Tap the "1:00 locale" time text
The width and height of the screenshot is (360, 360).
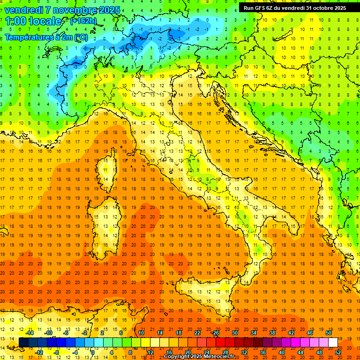[x=33, y=21]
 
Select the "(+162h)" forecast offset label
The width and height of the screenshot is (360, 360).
[x=83, y=21]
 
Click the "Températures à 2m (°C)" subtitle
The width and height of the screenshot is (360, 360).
[x=45, y=37]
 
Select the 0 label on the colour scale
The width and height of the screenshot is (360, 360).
[x=92, y=352]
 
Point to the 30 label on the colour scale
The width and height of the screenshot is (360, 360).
[x=234, y=333]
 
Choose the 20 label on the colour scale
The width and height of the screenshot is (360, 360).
[x=188, y=352]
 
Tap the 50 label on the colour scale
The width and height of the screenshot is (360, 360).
[x=328, y=333]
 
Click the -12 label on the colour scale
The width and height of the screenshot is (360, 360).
[x=39, y=352]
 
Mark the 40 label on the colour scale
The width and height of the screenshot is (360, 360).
[x=282, y=352]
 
